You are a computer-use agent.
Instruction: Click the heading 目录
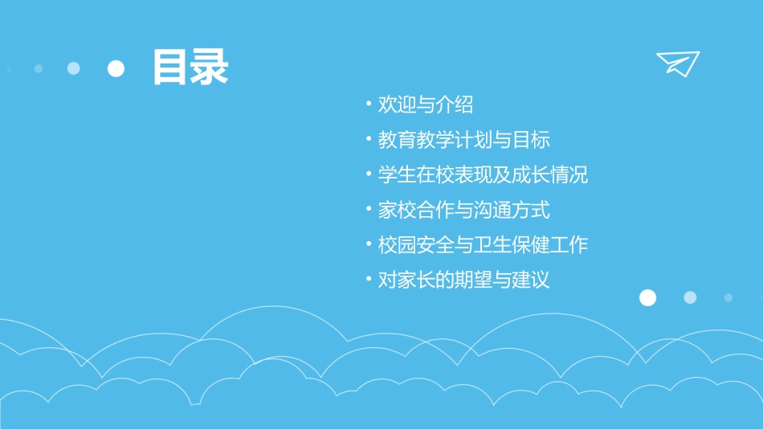click(x=190, y=68)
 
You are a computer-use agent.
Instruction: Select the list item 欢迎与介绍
click(x=426, y=104)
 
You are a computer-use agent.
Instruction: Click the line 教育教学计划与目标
click(x=464, y=140)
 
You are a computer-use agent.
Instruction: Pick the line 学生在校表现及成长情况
click(x=484, y=175)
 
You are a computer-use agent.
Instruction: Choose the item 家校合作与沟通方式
click(x=464, y=211)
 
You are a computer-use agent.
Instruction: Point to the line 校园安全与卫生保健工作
click(x=484, y=245)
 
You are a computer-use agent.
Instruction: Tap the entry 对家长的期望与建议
click(x=464, y=281)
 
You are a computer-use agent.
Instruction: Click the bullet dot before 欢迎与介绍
click(x=368, y=104)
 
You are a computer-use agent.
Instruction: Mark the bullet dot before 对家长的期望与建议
click(x=368, y=281)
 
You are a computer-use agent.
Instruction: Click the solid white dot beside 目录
click(x=116, y=68)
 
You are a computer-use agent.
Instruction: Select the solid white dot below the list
click(x=647, y=297)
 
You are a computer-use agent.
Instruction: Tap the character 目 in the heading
click(x=171, y=68)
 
